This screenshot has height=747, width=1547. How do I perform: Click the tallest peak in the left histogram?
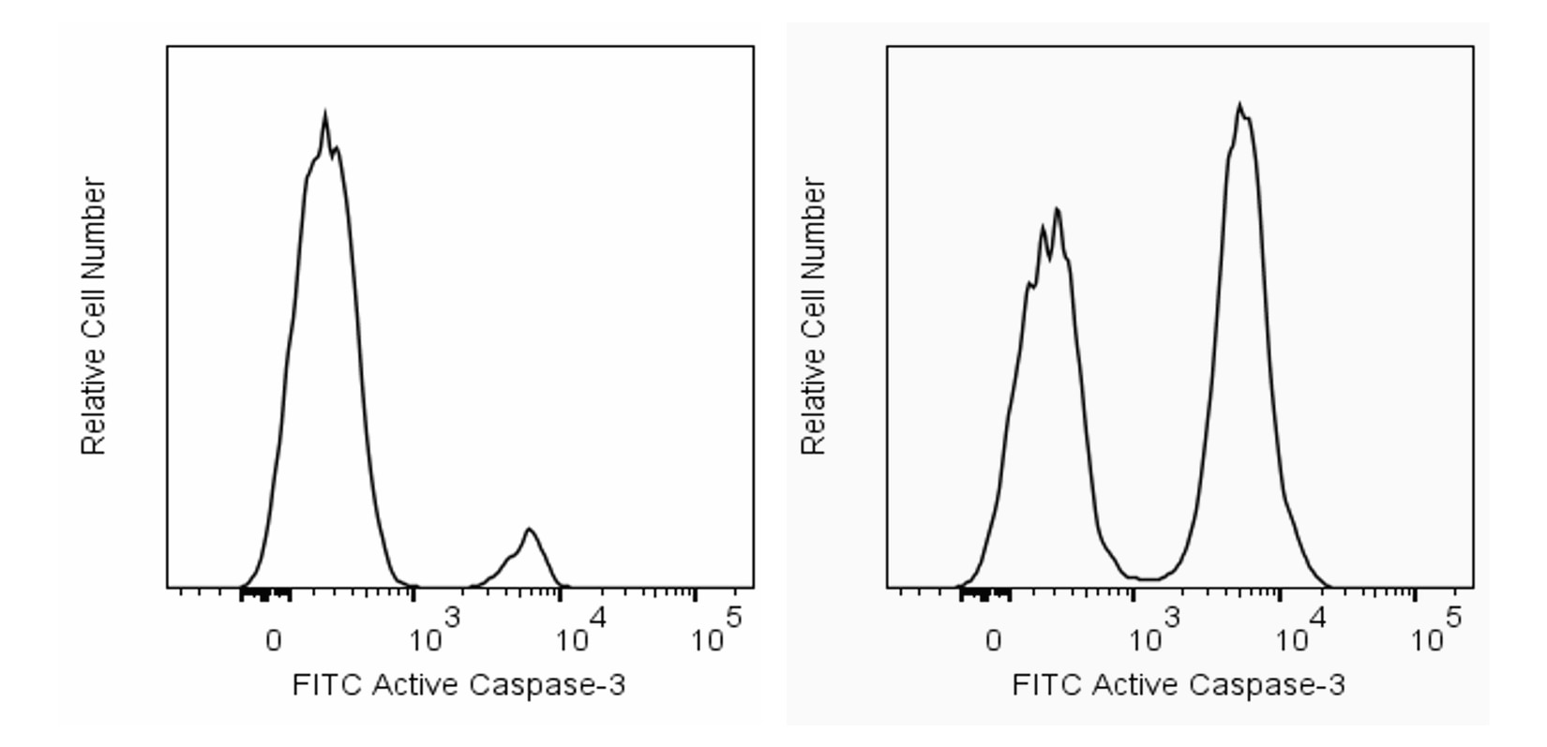[324, 116]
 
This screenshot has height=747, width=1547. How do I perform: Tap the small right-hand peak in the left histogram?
[530, 530]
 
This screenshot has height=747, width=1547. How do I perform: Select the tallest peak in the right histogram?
[1239, 106]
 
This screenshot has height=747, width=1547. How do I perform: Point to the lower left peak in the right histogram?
[1057, 211]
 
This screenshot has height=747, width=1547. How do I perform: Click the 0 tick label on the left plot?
[273, 642]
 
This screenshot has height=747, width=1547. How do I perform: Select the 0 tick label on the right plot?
[993, 642]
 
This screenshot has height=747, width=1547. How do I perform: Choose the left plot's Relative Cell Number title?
[94, 317]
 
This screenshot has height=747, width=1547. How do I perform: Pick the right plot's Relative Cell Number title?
[814, 317]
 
